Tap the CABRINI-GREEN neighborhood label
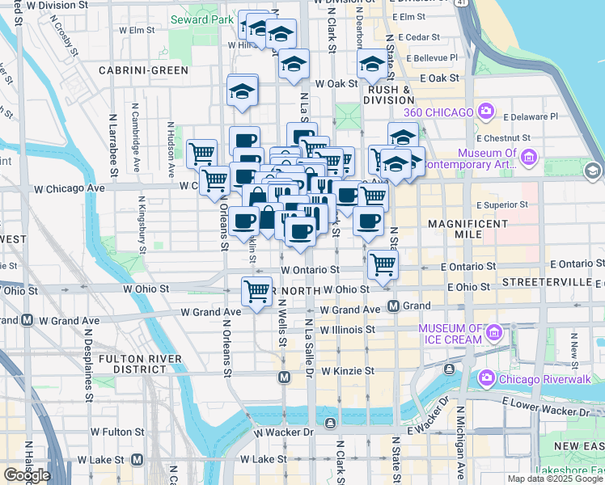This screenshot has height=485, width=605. [x=143, y=70]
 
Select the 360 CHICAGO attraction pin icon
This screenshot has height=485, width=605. [x=486, y=110]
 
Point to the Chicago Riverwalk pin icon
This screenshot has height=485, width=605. [x=486, y=377]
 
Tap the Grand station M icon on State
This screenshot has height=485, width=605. [x=394, y=306]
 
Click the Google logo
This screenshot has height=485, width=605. [x=26, y=474]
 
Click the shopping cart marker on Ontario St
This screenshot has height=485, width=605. [x=383, y=264]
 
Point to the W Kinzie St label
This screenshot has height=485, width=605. [x=348, y=371]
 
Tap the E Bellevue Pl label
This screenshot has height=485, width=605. [x=432, y=58]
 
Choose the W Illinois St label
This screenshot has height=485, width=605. [x=348, y=330]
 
